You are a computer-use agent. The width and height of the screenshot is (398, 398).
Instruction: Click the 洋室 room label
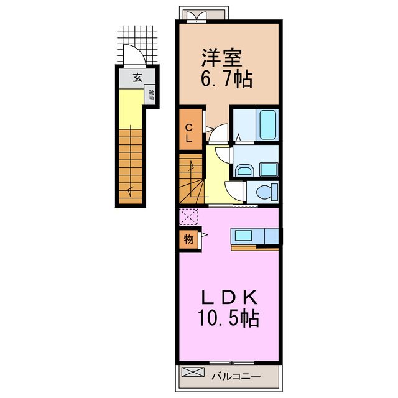pyautogui.click(x=221, y=58)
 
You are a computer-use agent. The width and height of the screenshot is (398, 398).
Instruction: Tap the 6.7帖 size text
pyautogui.click(x=226, y=79)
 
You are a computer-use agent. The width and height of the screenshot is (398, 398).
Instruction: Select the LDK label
pyautogui.click(x=229, y=297)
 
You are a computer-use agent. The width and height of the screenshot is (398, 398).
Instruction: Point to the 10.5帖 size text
pyautogui.click(x=228, y=318)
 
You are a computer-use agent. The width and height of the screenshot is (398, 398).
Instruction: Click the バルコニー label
pyautogui.click(x=236, y=376)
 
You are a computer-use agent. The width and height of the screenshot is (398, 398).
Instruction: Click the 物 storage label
pyautogui.click(x=188, y=239)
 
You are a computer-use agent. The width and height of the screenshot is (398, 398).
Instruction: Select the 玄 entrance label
pyautogui.click(x=137, y=78)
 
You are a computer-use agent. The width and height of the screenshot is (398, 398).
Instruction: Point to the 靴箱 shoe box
pyautogui.click(x=151, y=95)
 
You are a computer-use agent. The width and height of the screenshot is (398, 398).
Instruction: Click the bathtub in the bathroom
pyautogui.click(x=267, y=124)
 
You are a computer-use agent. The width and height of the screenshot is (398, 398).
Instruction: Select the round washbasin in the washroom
pyautogui.click(x=244, y=170)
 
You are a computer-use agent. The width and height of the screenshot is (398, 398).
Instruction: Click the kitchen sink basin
pyautogui.click(x=243, y=236)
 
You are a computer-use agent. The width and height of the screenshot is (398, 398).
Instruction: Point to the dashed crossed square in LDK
pyautogui.click(x=188, y=216)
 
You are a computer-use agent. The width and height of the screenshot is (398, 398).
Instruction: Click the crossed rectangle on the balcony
pyautogui.click(x=193, y=372)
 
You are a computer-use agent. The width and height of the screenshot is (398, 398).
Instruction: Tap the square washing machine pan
pyautogui.click(x=268, y=170)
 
